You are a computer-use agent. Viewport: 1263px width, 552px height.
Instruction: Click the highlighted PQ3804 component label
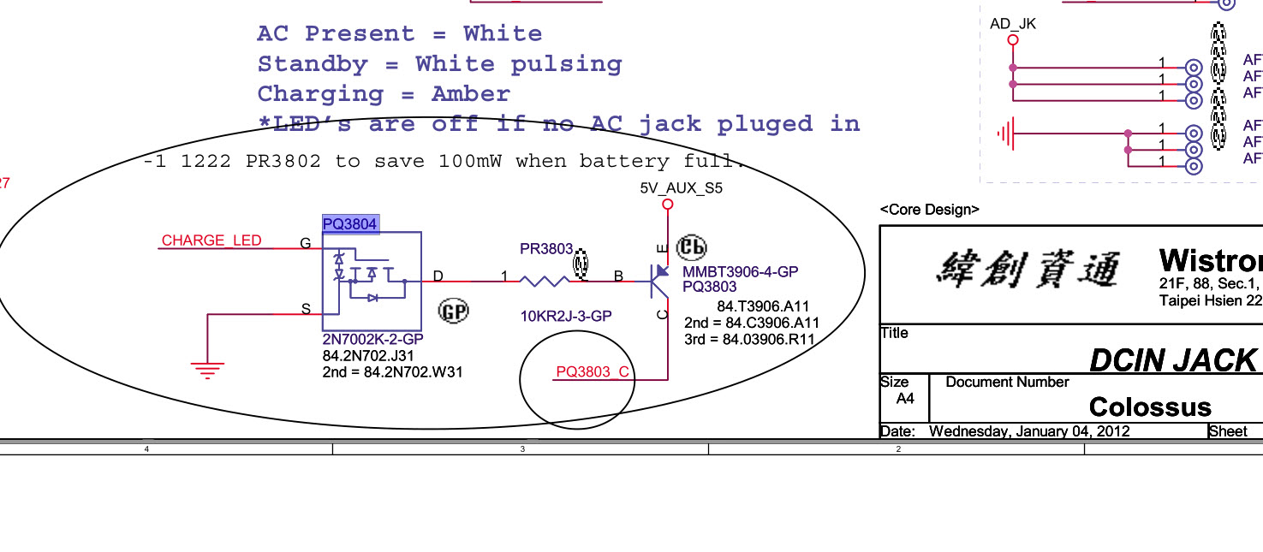350,224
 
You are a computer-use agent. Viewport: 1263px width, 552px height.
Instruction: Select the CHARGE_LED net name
211,240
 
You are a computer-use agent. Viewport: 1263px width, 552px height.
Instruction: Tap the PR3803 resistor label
546,249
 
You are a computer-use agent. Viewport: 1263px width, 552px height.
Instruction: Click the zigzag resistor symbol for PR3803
545,281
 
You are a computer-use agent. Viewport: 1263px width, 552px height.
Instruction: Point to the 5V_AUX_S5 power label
681,188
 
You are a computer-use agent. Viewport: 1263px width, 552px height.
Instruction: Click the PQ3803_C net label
593,371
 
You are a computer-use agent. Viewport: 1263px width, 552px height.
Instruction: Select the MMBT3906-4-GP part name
740,272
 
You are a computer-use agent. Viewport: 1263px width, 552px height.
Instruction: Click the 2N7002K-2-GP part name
372,340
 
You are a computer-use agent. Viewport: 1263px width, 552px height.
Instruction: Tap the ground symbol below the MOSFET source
207,370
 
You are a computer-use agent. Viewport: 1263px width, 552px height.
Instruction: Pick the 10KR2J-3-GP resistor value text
565,317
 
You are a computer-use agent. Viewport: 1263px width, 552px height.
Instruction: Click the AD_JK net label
1013,24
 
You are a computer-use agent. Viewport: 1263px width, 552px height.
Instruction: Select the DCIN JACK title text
1172,361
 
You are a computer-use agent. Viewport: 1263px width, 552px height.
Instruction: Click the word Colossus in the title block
1150,407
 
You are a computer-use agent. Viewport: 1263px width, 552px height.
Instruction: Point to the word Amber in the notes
470,94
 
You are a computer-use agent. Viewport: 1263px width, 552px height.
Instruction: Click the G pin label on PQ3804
305,244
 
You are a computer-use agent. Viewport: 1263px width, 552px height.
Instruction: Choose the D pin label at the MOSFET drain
438,276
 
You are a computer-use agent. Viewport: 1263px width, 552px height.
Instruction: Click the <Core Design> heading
929,210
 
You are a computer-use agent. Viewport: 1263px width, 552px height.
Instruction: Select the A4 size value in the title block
905,399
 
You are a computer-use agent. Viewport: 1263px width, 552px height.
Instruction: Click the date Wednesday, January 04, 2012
1028,431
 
